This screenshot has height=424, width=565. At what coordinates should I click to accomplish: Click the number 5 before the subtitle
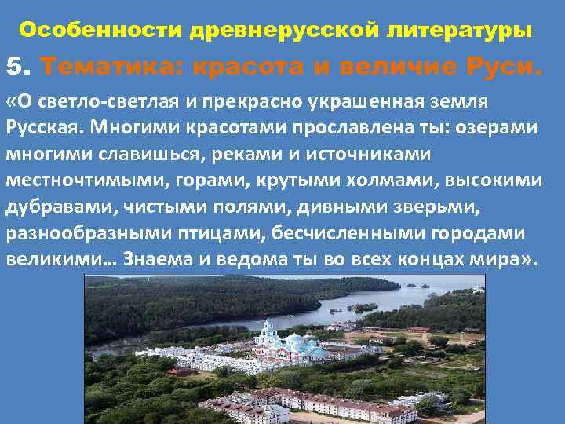[x=16, y=67]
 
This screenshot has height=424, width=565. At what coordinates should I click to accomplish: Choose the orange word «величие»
[x=385, y=68]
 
